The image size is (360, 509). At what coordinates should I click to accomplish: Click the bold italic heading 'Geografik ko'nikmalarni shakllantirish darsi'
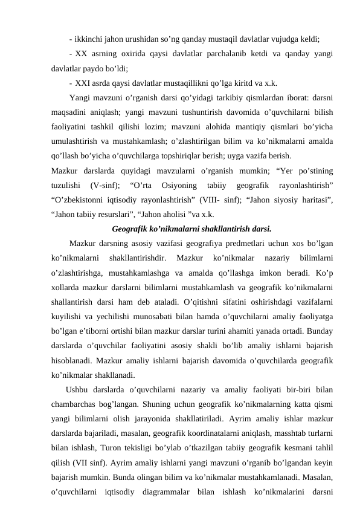tap(182, 229)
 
